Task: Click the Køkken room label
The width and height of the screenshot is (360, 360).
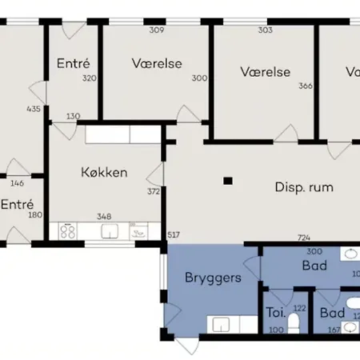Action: [x=104, y=171]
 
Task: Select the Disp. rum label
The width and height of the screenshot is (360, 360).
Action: [x=303, y=188]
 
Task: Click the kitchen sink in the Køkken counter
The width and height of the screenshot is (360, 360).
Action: [x=110, y=233]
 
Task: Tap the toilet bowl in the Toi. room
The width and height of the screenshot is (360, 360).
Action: [x=294, y=322]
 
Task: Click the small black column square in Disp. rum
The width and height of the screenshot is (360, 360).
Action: [x=229, y=181]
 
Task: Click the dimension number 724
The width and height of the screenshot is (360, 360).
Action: [x=304, y=238]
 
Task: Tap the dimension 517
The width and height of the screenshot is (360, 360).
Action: [x=173, y=234]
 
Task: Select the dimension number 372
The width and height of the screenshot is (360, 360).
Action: [x=154, y=191]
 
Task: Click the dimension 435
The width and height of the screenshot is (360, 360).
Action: [x=33, y=109]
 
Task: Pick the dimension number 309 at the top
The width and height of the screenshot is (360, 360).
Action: [x=157, y=30]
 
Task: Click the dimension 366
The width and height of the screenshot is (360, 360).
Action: [x=305, y=86]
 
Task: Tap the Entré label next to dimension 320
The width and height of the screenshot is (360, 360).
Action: [x=73, y=62]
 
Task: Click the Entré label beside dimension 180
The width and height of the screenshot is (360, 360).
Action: [x=16, y=204]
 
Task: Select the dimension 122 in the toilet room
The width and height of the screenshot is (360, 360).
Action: [x=301, y=308]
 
